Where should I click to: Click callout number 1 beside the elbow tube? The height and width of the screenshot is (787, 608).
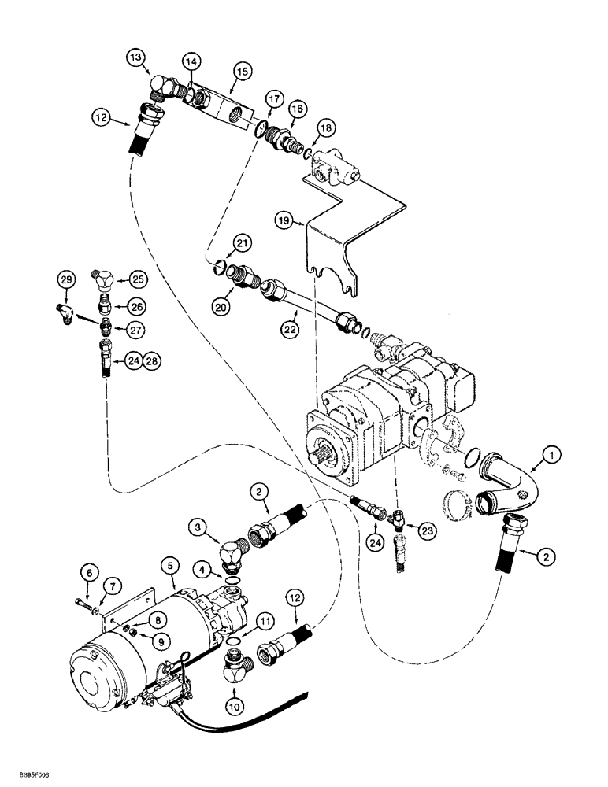552,454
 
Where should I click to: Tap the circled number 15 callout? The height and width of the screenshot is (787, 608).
243,72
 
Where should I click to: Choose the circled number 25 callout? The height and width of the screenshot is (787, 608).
139,279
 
